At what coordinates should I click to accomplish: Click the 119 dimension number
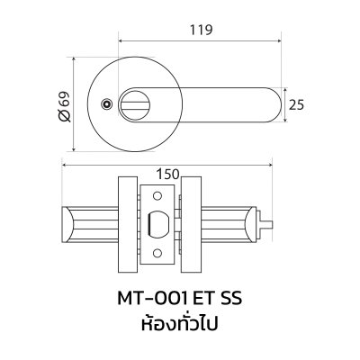click(x=200, y=30)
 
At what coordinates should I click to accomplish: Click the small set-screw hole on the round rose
click(x=108, y=106)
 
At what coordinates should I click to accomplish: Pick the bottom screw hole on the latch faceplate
click(x=159, y=255)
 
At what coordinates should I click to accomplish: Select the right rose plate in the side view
click(x=193, y=224)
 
